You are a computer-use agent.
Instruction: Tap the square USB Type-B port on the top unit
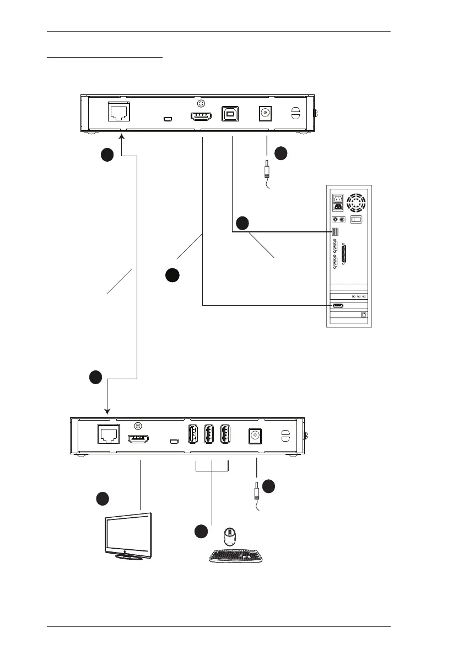tap(230, 113)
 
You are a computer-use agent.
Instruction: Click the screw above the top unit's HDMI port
tap(202, 103)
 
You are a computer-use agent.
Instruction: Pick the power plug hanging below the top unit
tap(267, 167)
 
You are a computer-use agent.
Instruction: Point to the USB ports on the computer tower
tap(335, 232)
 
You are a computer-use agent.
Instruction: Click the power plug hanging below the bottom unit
tap(257, 490)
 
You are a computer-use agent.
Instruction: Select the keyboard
tap(235, 555)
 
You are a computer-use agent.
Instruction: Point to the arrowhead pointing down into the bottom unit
tap(107, 411)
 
